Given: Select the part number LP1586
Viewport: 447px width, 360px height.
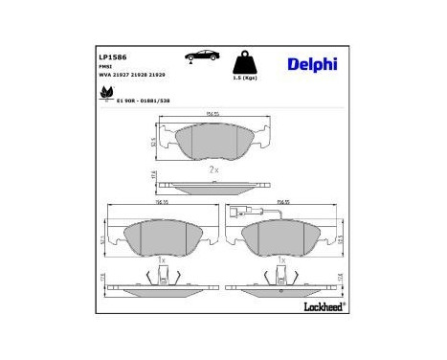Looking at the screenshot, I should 113,57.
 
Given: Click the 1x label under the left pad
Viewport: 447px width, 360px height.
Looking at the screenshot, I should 162,259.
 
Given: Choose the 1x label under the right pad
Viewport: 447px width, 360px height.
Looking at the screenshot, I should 279,259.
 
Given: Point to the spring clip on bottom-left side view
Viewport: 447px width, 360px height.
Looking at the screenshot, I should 162,278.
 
